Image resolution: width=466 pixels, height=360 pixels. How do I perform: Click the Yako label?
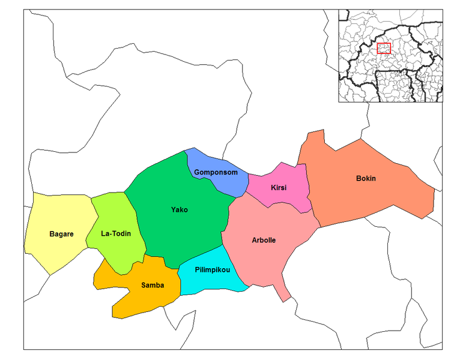tap(179, 210)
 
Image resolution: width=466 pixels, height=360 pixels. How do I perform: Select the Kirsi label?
tap(279, 188)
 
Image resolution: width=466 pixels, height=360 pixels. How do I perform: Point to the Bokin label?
tap(366, 178)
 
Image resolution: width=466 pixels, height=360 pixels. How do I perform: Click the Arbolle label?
tap(264, 240)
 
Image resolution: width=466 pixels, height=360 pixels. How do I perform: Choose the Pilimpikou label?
tap(213, 270)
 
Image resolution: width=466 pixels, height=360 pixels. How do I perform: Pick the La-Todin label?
tap(116, 233)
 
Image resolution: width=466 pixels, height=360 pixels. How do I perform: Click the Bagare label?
tap(61, 233)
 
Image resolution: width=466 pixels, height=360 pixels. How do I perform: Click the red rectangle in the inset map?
tap(384, 49)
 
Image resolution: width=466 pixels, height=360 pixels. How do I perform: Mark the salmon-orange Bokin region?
tap(384, 192)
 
